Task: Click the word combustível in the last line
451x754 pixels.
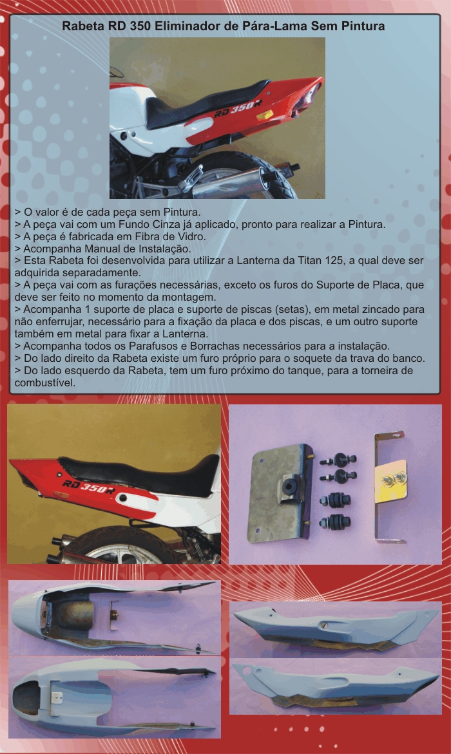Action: (44, 382)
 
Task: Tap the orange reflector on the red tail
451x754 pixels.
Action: (265, 115)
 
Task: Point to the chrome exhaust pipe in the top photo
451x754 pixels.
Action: (236, 182)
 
